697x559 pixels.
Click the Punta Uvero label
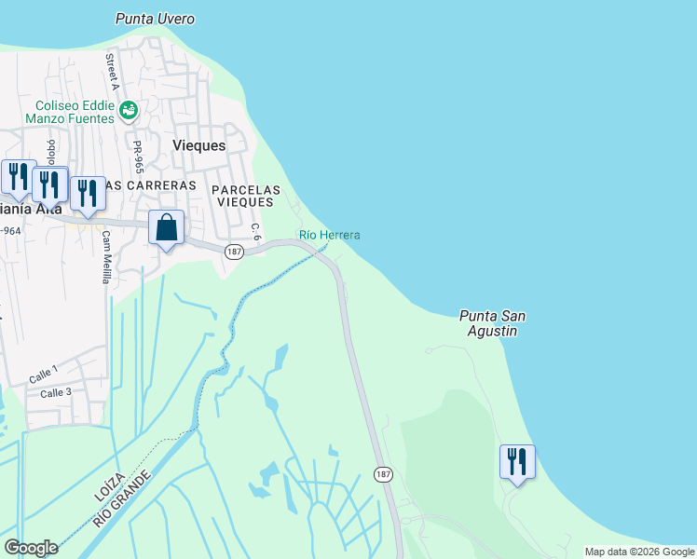click(155, 19)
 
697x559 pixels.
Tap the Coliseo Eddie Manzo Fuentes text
click(75, 112)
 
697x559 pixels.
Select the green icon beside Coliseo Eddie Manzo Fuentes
click(129, 112)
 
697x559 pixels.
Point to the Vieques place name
click(199, 146)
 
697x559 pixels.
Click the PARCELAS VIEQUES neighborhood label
click(244, 195)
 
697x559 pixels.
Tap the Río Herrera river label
click(329, 235)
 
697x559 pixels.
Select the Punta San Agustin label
click(492, 322)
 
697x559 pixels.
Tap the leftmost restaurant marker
click(18, 177)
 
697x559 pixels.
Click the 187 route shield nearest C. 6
click(234, 252)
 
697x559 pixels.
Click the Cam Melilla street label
click(106, 259)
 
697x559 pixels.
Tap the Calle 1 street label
click(43, 375)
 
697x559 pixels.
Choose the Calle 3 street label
click(55, 393)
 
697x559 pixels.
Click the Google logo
click(31, 548)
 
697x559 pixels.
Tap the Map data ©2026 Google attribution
click(639, 552)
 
